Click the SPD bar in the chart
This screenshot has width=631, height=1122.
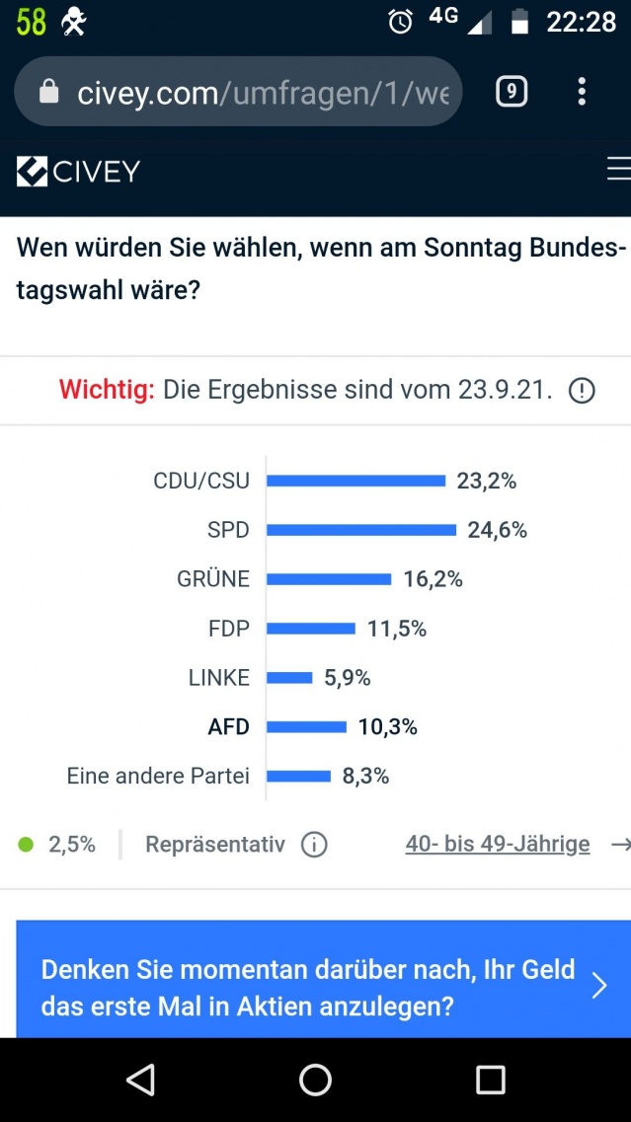(361, 530)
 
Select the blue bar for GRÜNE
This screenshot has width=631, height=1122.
(329, 579)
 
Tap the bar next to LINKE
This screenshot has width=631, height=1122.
(289, 678)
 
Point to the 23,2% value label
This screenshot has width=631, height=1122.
(487, 482)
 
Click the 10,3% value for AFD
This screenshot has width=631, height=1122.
(388, 727)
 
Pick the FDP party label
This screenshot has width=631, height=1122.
(229, 629)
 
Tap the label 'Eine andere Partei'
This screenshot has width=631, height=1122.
(158, 776)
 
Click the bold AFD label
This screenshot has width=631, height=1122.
(228, 727)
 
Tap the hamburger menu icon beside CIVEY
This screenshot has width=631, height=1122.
(618, 170)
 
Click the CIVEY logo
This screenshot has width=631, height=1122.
(79, 172)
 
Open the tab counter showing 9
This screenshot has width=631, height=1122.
(511, 92)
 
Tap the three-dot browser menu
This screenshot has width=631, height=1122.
(582, 92)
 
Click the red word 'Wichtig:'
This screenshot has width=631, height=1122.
(107, 390)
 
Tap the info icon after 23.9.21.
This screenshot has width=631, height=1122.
(582, 391)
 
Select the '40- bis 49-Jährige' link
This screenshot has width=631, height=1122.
(498, 844)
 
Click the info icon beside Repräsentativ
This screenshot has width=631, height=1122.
(314, 845)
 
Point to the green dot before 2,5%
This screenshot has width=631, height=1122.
(27, 845)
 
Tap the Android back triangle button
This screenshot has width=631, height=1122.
(141, 1080)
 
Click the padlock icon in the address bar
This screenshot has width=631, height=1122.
(47, 92)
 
